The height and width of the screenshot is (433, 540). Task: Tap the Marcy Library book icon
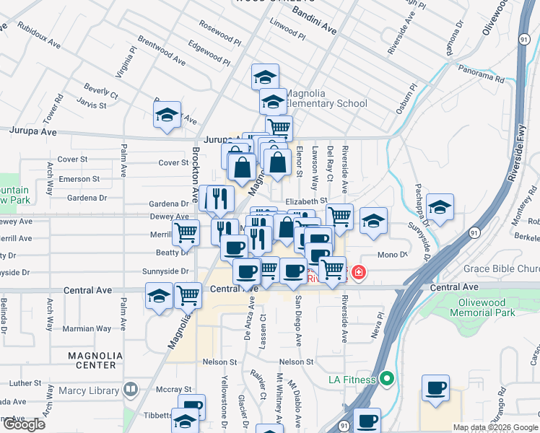(x=131, y=390)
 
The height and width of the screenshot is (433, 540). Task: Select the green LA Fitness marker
(x=388, y=378)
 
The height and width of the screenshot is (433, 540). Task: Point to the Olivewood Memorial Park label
(x=482, y=308)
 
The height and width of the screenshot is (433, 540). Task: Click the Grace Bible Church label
(x=501, y=269)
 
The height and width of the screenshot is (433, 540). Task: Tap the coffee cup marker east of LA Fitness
(x=435, y=388)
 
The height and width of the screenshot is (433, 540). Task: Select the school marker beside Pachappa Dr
(x=440, y=207)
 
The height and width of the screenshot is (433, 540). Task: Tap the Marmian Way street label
(x=87, y=328)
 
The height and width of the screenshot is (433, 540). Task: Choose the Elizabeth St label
(x=306, y=201)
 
